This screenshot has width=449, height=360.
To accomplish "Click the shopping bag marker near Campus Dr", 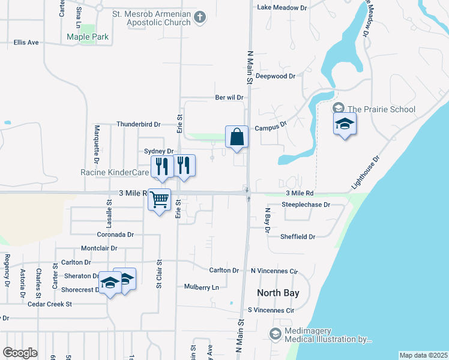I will [237, 137].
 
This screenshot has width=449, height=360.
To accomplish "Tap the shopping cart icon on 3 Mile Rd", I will [159, 199].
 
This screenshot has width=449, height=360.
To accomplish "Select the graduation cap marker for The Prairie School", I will [345, 124].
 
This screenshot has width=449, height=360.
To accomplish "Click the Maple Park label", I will [88, 37].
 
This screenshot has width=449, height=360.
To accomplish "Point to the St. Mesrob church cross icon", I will [201, 18].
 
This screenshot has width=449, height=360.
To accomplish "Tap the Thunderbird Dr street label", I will [139, 124].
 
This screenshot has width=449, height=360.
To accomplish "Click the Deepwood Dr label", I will [276, 76].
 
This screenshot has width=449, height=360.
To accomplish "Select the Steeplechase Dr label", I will [306, 205].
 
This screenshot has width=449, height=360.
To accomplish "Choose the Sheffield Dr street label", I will [298, 237].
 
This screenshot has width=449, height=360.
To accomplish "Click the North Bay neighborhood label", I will [278, 293].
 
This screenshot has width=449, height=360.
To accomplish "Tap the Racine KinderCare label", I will [115, 172].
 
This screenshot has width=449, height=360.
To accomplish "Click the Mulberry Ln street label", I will [202, 287].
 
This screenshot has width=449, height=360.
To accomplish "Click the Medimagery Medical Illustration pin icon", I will [275, 334].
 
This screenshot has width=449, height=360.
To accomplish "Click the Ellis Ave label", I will [26, 43].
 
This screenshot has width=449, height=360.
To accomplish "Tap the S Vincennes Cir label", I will [271, 311].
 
